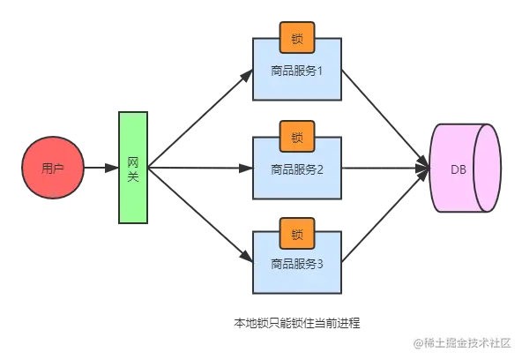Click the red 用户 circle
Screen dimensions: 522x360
pos(53,168)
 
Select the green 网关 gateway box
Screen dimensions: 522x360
pos(133,168)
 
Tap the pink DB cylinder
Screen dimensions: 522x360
pos(465,168)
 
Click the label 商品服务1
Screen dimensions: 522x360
pos(296,71)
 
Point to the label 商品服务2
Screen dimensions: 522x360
pos(296,169)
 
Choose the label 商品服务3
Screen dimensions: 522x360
pos(296,264)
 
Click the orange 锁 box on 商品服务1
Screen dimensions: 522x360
pos(297,38)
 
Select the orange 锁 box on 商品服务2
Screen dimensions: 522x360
pos(297,137)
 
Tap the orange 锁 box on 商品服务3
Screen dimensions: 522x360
pos(297,234)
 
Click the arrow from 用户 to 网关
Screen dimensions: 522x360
pos(101,168)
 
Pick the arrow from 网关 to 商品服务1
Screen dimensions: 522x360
pos(200,118)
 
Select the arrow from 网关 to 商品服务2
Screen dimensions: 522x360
pos(200,169)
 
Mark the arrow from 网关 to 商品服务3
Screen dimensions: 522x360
pos(200,214)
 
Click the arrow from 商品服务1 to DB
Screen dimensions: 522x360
pos(385,119)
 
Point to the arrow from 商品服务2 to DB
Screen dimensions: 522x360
pos(385,169)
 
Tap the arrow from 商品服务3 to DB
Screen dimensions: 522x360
pos(385,215)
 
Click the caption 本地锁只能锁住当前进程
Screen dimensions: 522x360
pos(297,323)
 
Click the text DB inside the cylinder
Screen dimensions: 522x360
pos(459,169)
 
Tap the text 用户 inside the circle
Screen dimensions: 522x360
pos(53,169)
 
